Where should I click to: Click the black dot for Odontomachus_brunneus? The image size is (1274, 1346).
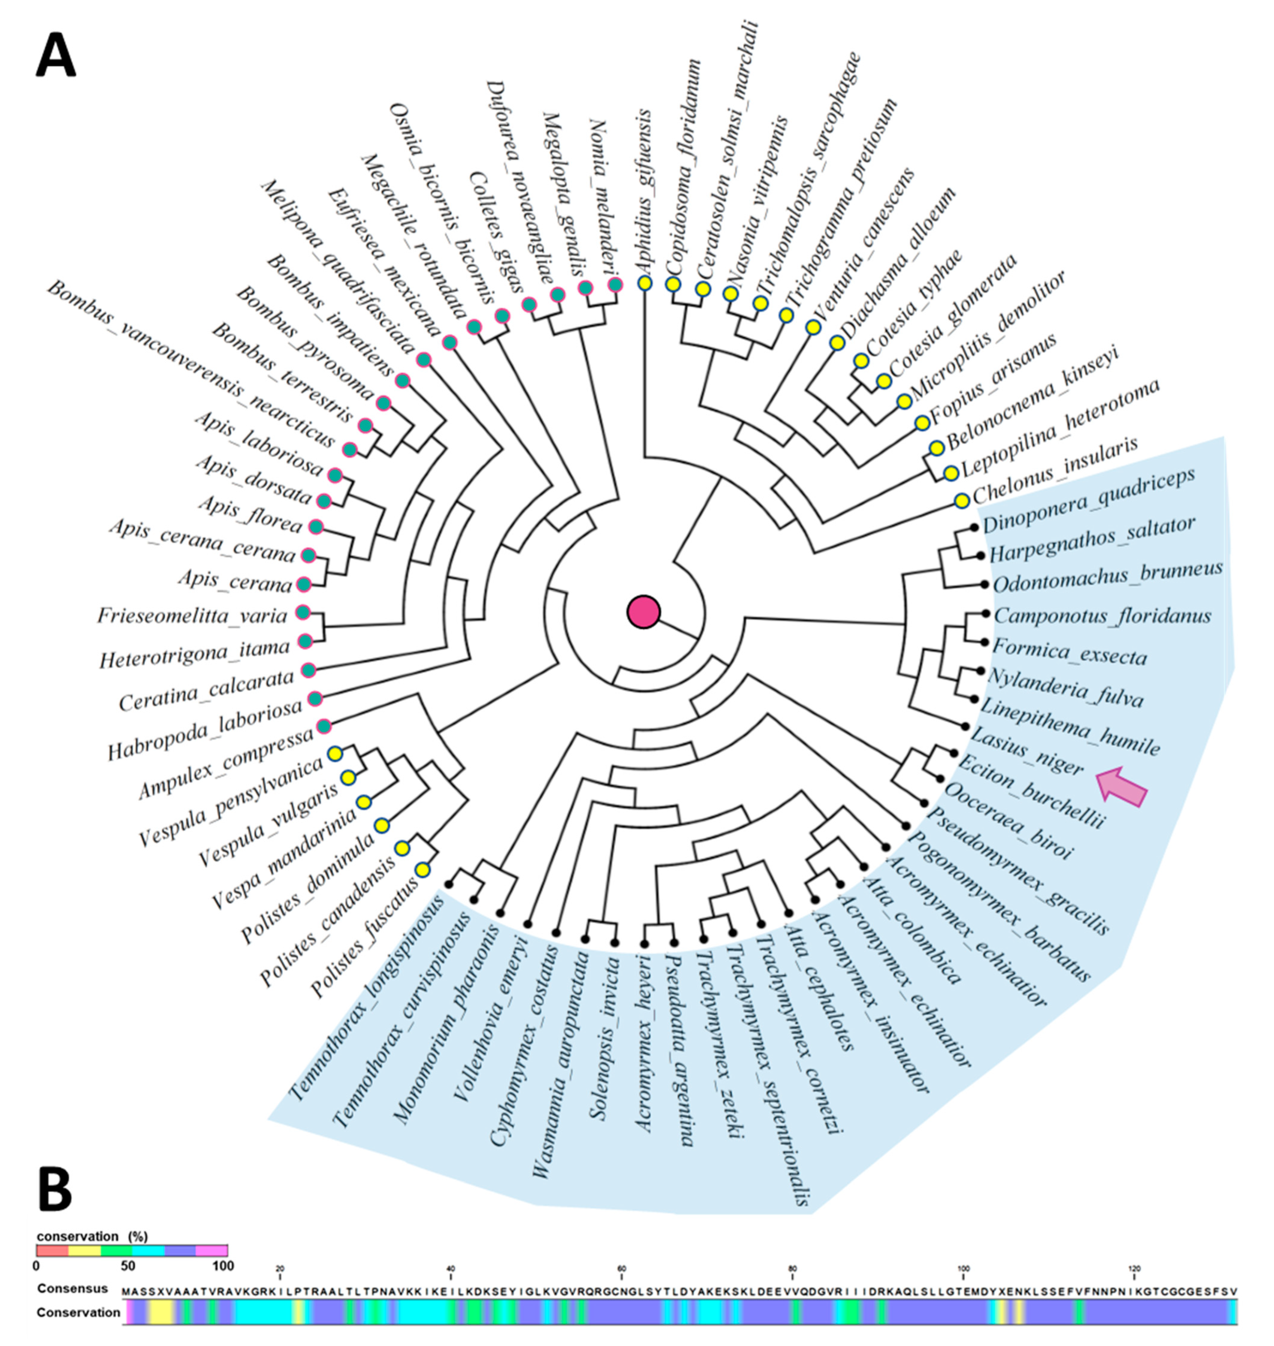(985, 584)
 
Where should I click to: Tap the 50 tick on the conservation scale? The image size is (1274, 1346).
(128, 1266)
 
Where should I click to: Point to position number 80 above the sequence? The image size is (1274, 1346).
(792, 1268)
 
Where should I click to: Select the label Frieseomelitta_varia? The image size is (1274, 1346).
(193, 616)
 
